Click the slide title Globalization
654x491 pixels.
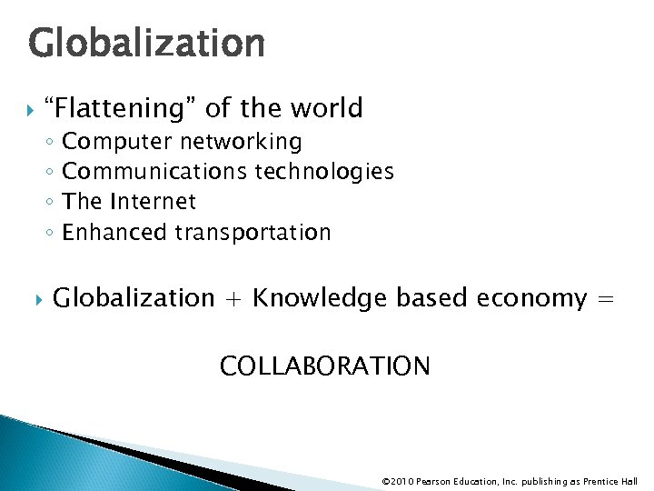(146, 43)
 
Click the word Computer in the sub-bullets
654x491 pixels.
(117, 143)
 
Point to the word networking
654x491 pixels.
(241, 142)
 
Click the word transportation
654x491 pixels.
(253, 233)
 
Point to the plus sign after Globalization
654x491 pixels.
(233, 299)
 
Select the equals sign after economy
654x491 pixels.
(607, 299)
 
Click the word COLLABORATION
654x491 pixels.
(325, 366)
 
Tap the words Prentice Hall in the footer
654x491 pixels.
(610, 481)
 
